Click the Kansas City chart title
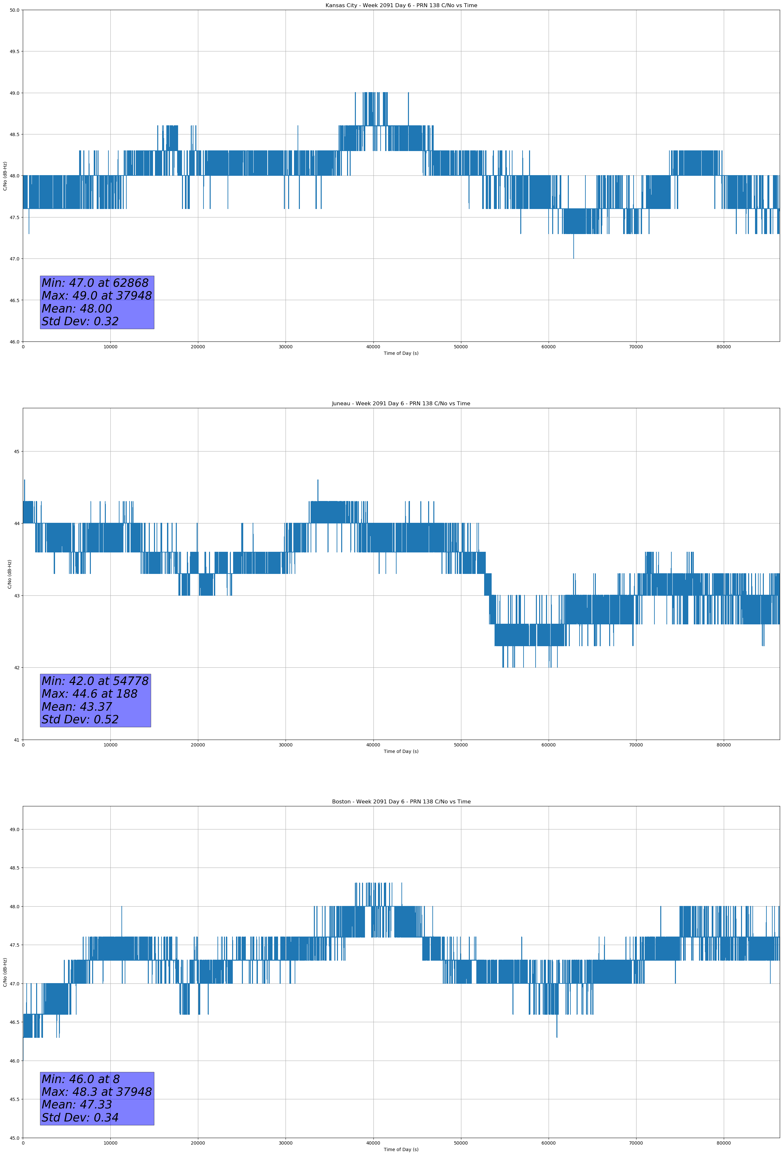(401, 6)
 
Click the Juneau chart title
(401, 404)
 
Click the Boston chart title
(401, 802)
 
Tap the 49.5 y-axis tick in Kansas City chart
(14, 52)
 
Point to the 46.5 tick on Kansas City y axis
(14, 300)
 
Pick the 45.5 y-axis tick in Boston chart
(14, 1099)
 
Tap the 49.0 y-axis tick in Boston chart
(14, 829)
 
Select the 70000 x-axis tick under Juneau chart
(636, 745)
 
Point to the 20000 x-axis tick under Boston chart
(198, 1143)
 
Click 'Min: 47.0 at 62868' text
(95, 283)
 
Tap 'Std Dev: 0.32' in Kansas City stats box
(80, 322)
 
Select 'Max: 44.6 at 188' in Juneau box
(90, 694)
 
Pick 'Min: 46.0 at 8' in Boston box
(80, 1079)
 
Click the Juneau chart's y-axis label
(9, 574)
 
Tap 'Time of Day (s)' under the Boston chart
(401, 1149)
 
